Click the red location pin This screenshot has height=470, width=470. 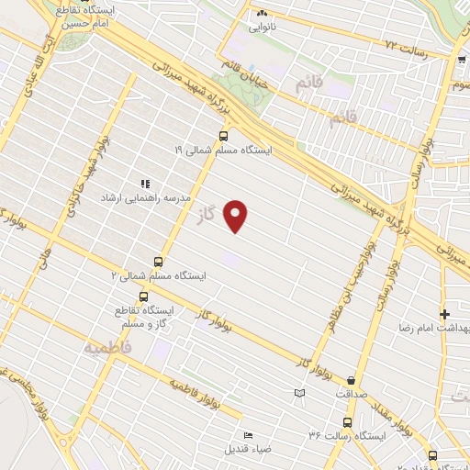click(237, 216)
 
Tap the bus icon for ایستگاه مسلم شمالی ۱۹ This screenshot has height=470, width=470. click(223, 135)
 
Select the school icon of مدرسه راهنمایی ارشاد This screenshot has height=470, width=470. click(145, 185)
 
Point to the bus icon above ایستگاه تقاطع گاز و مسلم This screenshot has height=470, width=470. click(143, 297)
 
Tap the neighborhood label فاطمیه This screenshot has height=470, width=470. click(107, 348)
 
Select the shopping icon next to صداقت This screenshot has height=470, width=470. click(352, 379)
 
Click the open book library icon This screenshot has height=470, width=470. click(298, 394)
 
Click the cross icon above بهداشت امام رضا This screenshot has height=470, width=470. click(445, 314)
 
